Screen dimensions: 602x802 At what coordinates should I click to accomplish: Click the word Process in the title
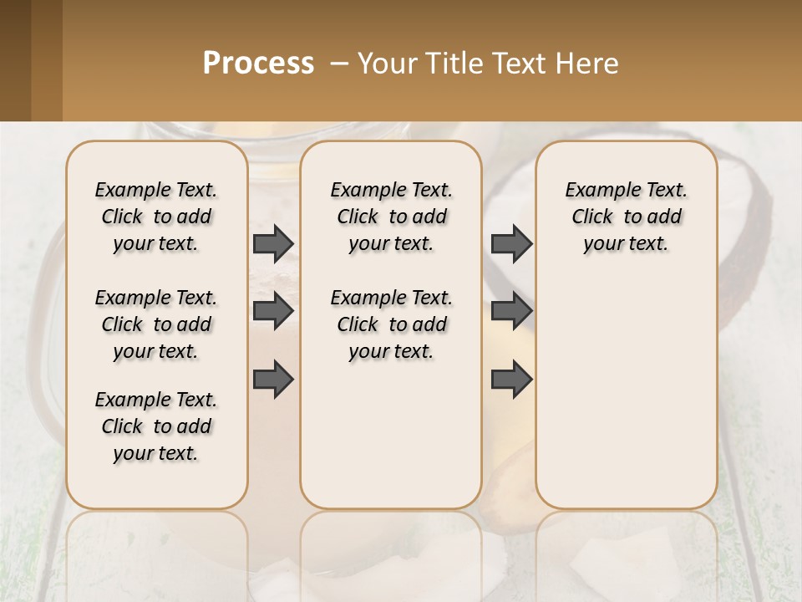click(x=258, y=64)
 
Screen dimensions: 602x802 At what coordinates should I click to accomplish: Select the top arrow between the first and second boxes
click(x=273, y=243)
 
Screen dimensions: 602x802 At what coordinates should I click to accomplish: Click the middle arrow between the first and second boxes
click(x=273, y=311)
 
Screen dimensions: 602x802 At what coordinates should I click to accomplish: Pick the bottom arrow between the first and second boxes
click(x=273, y=379)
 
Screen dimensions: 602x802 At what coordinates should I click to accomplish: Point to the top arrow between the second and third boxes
click(x=511, y=243)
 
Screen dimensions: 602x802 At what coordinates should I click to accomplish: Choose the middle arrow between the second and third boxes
click(x=511, y=311)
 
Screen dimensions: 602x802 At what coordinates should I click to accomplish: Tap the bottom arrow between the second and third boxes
click(x=511, y=379)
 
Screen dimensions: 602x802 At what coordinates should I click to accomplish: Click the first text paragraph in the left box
click(x=156, y=217)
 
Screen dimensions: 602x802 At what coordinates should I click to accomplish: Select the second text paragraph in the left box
click(x=156, y=324)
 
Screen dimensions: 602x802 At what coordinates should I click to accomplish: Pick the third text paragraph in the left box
click(x=156, y=426)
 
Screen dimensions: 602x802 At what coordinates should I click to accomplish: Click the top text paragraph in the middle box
click(x=391, y=217)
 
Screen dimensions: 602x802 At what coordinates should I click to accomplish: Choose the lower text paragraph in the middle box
click(x=391, y=324)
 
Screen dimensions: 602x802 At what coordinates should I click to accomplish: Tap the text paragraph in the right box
click(x=627, y=217)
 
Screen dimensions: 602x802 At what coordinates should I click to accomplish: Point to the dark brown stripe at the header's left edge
click(x=15, y=60)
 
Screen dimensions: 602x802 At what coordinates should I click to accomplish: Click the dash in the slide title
click(x=339, y=64)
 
